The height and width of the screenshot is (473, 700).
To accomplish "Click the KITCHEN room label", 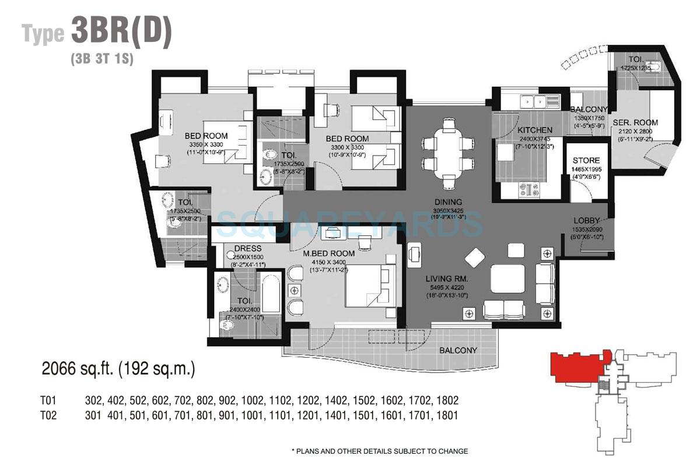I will pyautogui.click(x=535, y=130).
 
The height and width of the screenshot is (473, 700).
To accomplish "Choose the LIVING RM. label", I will pyautogui.click(x=447, y=280).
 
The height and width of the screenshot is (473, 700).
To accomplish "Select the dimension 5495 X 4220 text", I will pyautogui.click(x=447, y=288).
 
